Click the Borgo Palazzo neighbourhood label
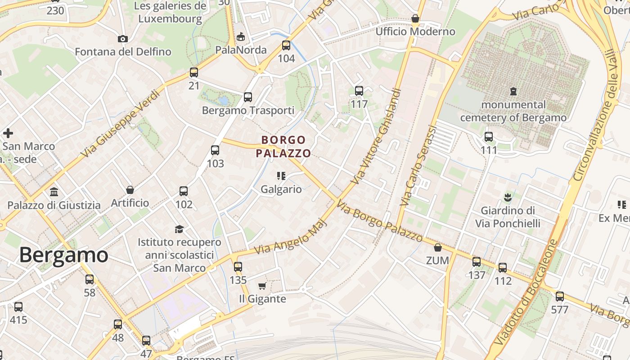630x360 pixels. click(283, 147)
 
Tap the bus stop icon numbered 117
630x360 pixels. click(359, 91)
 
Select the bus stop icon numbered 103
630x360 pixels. click(215, 150)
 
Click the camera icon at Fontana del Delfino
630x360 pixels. click(122, 39)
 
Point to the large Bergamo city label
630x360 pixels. click(63, 255)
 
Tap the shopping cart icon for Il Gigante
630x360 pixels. click(262, 286)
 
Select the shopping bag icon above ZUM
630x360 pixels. click(437, 247)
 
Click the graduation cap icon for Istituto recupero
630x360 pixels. click(179, 229)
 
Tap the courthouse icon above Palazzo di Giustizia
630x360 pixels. click(54, 192)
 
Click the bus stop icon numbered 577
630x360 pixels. click(559, 297)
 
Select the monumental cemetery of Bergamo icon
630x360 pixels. click(513, 91)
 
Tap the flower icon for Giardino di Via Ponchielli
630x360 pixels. click(508, 197)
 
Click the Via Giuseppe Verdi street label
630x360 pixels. click(120, 124)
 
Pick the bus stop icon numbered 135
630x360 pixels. click(238, 267)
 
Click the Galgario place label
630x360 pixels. click(281, 189)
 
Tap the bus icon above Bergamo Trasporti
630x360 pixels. click(247, 97)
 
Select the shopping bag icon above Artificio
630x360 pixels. click(130, 190)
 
